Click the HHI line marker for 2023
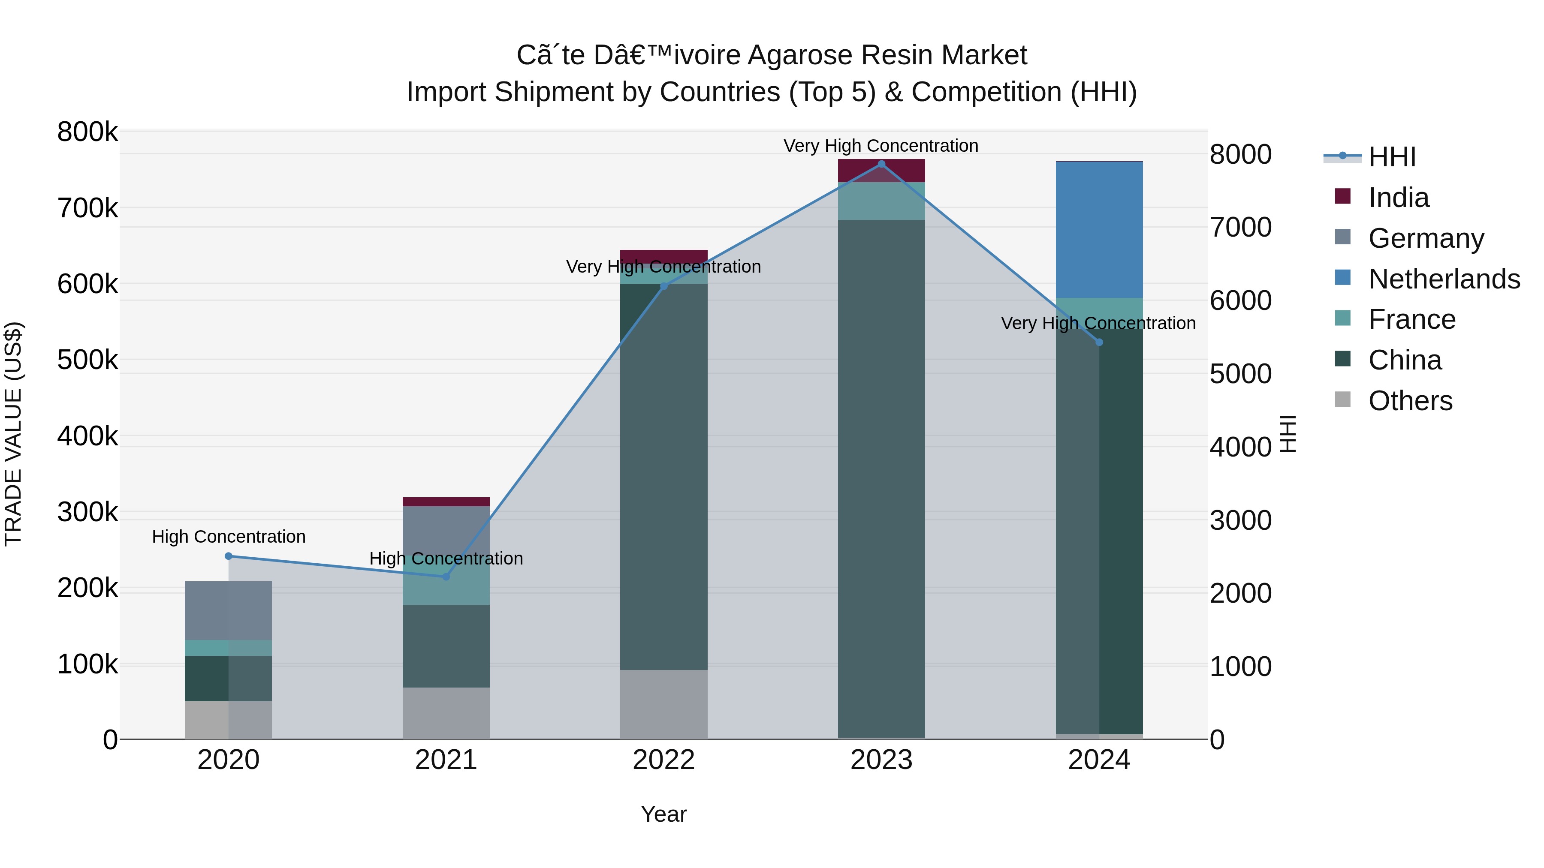point(881,164)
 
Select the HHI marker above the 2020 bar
point(228,556)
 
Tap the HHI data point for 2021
point(446,576)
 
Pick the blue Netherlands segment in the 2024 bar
point(1099,230)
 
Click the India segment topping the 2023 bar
point(881,171)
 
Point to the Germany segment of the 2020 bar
point(228,610)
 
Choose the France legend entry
point(1411,319)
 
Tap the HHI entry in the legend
point(1392,157)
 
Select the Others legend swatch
point(1342,399)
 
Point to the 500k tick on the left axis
point(87,360)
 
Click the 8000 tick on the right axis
point(1240,155)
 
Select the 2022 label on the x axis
point(663,760)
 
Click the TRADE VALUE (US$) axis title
point(14,434)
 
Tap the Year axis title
point(663,814)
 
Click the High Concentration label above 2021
point(446,558)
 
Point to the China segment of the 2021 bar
point(446,646)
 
